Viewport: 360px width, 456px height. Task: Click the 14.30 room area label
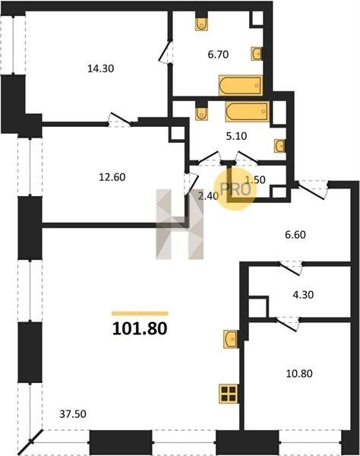coord(100,68)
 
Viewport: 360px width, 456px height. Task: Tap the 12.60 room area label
coord(112,177)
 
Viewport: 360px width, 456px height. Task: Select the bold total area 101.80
coord(140,328)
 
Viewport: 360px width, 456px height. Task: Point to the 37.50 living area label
coord(73,414)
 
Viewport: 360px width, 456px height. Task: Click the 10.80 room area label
coord(299,373)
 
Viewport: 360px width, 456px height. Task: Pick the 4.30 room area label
coord(303,295)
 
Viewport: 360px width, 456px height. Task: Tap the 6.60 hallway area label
coord(295,235)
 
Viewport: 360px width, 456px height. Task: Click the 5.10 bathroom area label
coord(236,136)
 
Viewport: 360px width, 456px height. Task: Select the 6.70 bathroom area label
coord(218,55)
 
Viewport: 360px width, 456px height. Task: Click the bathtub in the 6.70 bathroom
coord(241,85)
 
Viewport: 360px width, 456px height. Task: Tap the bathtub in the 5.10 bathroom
coord(248,112)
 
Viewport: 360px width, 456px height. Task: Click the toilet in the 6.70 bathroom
coord(201,24)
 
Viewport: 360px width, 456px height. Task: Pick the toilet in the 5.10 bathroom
coord(202,113)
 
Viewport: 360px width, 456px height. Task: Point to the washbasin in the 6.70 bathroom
coord(257,53)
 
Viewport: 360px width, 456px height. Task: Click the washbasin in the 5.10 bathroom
coord(279,146)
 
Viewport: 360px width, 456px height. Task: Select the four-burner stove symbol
coord(229,394)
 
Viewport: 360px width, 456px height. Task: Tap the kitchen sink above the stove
coord(231,338)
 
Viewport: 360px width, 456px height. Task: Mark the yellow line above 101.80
coord(140,313)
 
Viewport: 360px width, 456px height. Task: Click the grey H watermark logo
coord(179,224)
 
